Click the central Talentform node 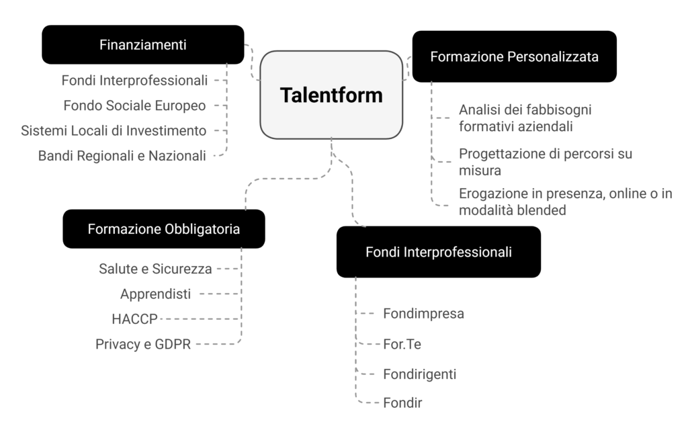pyautogui.click(x=331, y=95)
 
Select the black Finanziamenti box pyautogui.click(x=142, y=45)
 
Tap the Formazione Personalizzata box pyautogui.click(x=514, y=56)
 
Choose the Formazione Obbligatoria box pyautogui.click(x=164, y=228)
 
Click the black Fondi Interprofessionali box pyautogui.click(x=439, y=252)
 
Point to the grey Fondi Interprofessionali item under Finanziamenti pyautogui.click(x=134, y=81)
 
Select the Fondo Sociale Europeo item pyautogui.click(x=134, y=105)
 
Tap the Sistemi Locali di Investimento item pyautogui.click(x=114, y=130)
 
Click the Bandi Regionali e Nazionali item pyautogui.click(x=122, y=156)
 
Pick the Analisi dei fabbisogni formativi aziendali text pyautogui.click(x=525, y=117)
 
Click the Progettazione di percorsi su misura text pyautogui.click(x=545, y=162)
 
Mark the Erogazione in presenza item pyautogui.click(x=565, y=202)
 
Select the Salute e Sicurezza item pyautogui.click(x=155, y=269)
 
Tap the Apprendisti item pyautogui.click(x=156, y=294)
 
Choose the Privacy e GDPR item pyautogui.click(x=143, y=344)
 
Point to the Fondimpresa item pyautogui.click(x=423, y=313)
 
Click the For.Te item pyautogui.click(x=402, y=344)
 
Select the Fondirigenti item pyautogui.click(x=419, y=374)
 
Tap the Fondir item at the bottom pyautogui.click(x=402, y=403)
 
